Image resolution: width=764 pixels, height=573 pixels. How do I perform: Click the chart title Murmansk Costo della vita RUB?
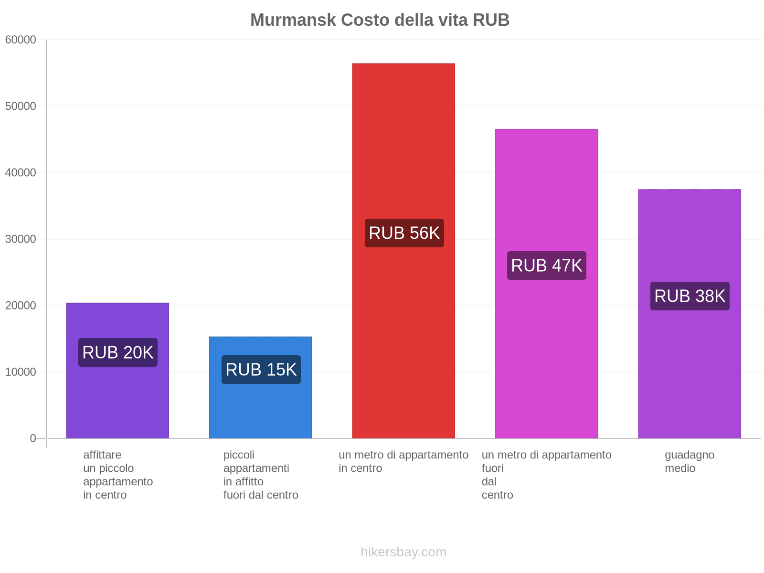[380, 20]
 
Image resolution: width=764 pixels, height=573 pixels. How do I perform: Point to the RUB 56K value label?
[404, 233]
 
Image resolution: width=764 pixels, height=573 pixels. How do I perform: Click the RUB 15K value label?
[261, 370]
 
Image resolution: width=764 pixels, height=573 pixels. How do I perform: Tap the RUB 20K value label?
[117, 352]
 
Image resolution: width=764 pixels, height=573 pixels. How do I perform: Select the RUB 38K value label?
[690, 296]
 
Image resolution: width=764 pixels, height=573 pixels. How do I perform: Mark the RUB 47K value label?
[546, 265]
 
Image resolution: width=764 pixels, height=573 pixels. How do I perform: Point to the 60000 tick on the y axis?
[21, 40]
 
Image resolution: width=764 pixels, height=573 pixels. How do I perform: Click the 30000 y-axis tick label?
[21, 239]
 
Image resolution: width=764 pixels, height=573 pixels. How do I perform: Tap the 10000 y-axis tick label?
[21, 372]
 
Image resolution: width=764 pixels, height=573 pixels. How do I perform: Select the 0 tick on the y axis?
[33, 438]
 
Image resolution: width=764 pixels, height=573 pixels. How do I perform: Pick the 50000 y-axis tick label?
[21, 106]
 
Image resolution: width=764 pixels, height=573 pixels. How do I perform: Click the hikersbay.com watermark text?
[403, 552]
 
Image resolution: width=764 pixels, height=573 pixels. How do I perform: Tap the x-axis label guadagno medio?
[689, 461]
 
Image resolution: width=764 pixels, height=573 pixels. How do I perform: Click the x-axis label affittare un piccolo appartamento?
[117, 475]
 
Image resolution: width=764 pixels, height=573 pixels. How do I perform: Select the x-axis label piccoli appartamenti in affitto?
[260, 475]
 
